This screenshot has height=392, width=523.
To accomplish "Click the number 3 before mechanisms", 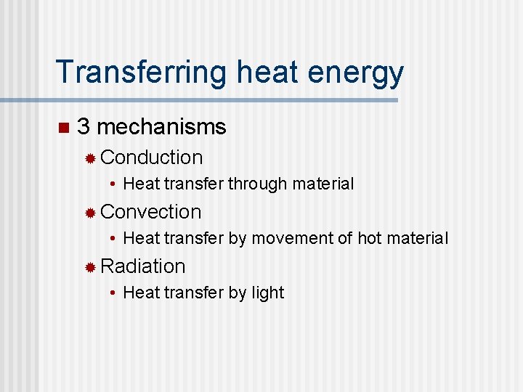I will [x=84, y=127].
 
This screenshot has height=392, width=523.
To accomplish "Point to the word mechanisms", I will [x=161, y=127].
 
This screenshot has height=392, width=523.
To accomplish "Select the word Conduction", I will [x=152, y=158].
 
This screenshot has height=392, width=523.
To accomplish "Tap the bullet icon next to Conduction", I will [x=90, y=158].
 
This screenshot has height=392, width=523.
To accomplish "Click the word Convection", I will [x=151, y=212].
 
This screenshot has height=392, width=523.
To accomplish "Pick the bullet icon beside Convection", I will [x=90, y=213].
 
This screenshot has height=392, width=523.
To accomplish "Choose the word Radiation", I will [x=143, y=266].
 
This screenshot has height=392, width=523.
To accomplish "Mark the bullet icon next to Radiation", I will [x=90, y=267].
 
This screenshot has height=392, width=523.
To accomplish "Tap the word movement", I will [x=285, y=238].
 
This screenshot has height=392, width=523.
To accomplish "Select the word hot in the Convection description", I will [x=369, y=238].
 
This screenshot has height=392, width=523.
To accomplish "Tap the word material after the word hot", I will [x=417, y=238].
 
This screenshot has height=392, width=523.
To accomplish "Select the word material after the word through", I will [x=323, y=184].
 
